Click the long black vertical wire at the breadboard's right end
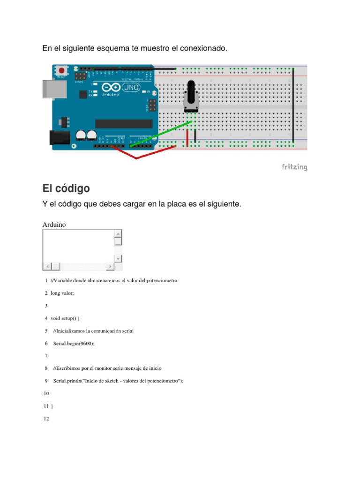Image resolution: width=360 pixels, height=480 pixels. pyautogui.click(x=293, y=105)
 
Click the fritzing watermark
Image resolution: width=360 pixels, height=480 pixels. pyautogui.click(x=294, y=167)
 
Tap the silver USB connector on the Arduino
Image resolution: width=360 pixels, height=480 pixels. pyautogui.click(x=51, y=90)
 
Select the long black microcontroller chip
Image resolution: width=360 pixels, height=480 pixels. pyautogui.click(x=124, y=123)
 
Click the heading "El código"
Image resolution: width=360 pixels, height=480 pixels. pyautogui.click(x=66, y=188)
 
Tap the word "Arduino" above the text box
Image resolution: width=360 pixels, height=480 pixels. pyautogui.click(x=54, y=225)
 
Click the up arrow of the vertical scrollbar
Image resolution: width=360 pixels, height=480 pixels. pyautogui.click(x=118, y=233)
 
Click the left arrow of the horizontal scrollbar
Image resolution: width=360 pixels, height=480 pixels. pyautogui.click(x=46, y=267)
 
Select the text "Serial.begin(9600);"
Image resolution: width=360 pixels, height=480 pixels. pyautogui.click(x=74, y=343)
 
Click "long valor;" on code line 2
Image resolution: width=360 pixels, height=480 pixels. pyautogui.click(x=62, y=293)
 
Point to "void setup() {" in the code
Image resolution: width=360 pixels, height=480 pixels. pyautogui.click(x=65, y=318)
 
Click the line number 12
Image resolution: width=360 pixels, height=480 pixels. pyautogui.click(x=46, y=419)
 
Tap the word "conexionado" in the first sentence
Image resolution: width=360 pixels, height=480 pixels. pyautogui.click(x=204, y=49)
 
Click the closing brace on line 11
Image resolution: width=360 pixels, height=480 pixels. pyautogui.click(x=52, y=406)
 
